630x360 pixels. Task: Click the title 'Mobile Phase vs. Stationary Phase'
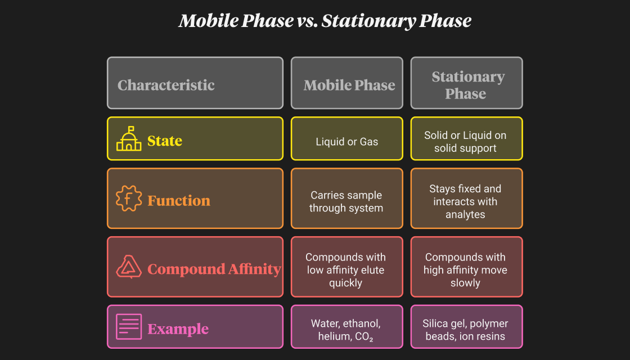pos(325,21)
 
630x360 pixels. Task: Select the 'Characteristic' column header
pos(195,83)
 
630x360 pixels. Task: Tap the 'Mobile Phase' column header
pos(346,83)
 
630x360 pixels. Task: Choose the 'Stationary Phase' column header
pos(466,83)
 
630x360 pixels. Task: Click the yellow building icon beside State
pos(129,138)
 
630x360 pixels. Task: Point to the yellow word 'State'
pos(165,141)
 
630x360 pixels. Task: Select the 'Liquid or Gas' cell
pos(346,138)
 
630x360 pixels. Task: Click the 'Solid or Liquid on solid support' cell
pos(466,138)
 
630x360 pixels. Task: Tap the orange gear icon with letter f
pos(129,199)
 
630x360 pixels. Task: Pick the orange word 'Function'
pos(179,200)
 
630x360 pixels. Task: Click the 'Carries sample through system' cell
pos(346,199)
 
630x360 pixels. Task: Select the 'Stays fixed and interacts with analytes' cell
pos(466,199)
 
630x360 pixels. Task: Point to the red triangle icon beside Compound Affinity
pos(129,267)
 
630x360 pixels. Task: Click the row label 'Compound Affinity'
pos(214,269)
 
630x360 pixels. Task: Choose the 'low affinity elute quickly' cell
pos(346,267)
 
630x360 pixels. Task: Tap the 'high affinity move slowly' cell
pos(466,267)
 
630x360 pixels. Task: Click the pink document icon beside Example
pos(129,327)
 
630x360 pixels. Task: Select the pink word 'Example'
pos(178,329)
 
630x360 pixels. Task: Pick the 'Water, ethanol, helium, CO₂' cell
pos(346,327)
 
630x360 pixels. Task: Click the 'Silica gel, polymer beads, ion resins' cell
pos(466,327)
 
